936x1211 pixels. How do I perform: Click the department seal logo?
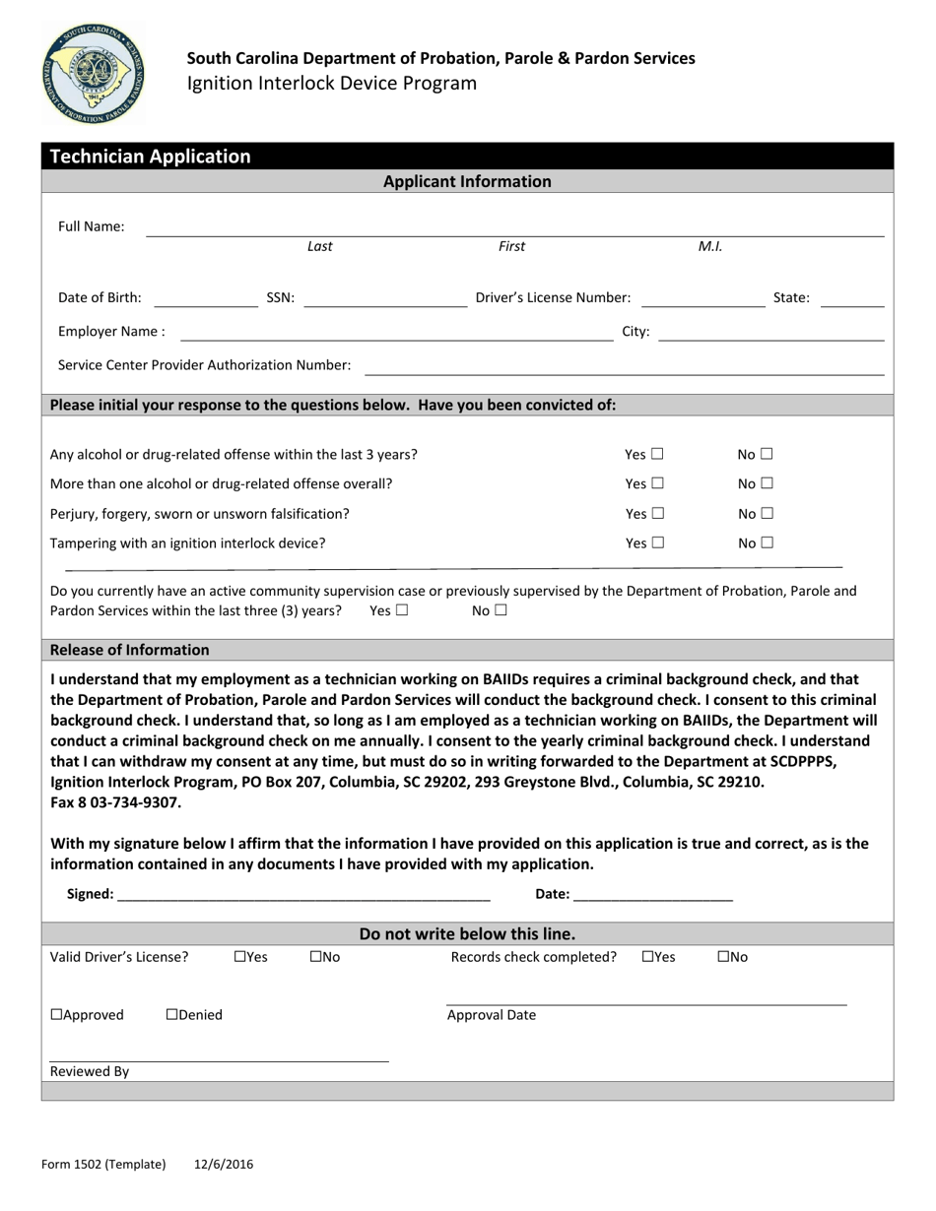(92, 75)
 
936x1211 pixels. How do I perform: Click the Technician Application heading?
(150, 157)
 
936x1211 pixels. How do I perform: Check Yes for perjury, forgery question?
(657, 514)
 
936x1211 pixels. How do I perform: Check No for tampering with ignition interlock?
(767, 542)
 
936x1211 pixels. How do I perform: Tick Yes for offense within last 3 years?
(657, 455)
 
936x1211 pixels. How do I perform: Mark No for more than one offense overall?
(767, 484)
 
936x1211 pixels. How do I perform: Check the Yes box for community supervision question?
(401, 610)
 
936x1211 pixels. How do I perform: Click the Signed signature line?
(302, 894)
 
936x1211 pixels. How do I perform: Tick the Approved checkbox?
(56, 1015)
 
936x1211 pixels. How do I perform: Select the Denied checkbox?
(172, 1015)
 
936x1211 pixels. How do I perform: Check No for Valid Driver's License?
(315, 957)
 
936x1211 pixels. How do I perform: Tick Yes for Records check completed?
(647, 957)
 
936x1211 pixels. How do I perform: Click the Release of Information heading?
(129, 650)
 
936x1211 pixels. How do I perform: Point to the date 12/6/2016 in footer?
(224, 1164)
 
